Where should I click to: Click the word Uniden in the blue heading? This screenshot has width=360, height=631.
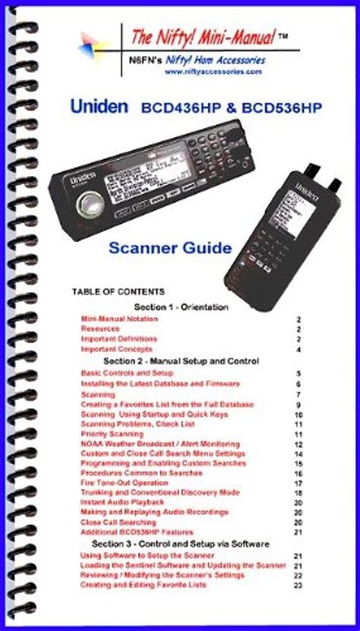click(x=99, y=107)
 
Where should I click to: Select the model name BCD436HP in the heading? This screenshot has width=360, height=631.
click(x=175, y=108)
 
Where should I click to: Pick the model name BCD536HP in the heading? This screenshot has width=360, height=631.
click(x=270, y=108)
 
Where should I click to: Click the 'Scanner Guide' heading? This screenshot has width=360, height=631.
click(x=170, y=247)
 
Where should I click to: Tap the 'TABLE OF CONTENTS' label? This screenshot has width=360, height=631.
click(x=118, y=292)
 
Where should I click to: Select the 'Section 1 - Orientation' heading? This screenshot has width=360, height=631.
click(x=191, y=306)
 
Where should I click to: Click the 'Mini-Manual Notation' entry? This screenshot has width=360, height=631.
click(x=119, y=320)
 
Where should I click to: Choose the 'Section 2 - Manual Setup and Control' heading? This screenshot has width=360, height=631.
click(x=182, y=360)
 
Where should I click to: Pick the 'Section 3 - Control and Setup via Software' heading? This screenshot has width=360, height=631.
click(x=181, y=544)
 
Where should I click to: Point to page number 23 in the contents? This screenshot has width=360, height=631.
click(x=298, y=585)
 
